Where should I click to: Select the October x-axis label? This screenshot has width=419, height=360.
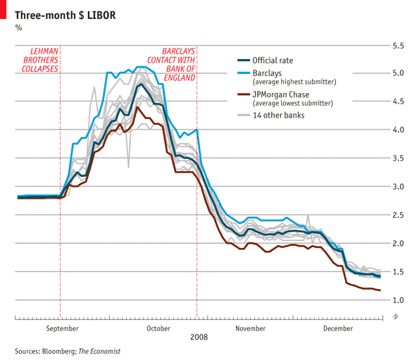[158, 328]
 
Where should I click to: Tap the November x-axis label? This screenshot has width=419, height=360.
[250, 328]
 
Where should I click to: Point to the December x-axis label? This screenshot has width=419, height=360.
[338, 328]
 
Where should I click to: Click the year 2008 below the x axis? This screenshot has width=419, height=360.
[199, 337]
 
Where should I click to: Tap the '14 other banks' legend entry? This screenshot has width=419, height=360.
[278, 115]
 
